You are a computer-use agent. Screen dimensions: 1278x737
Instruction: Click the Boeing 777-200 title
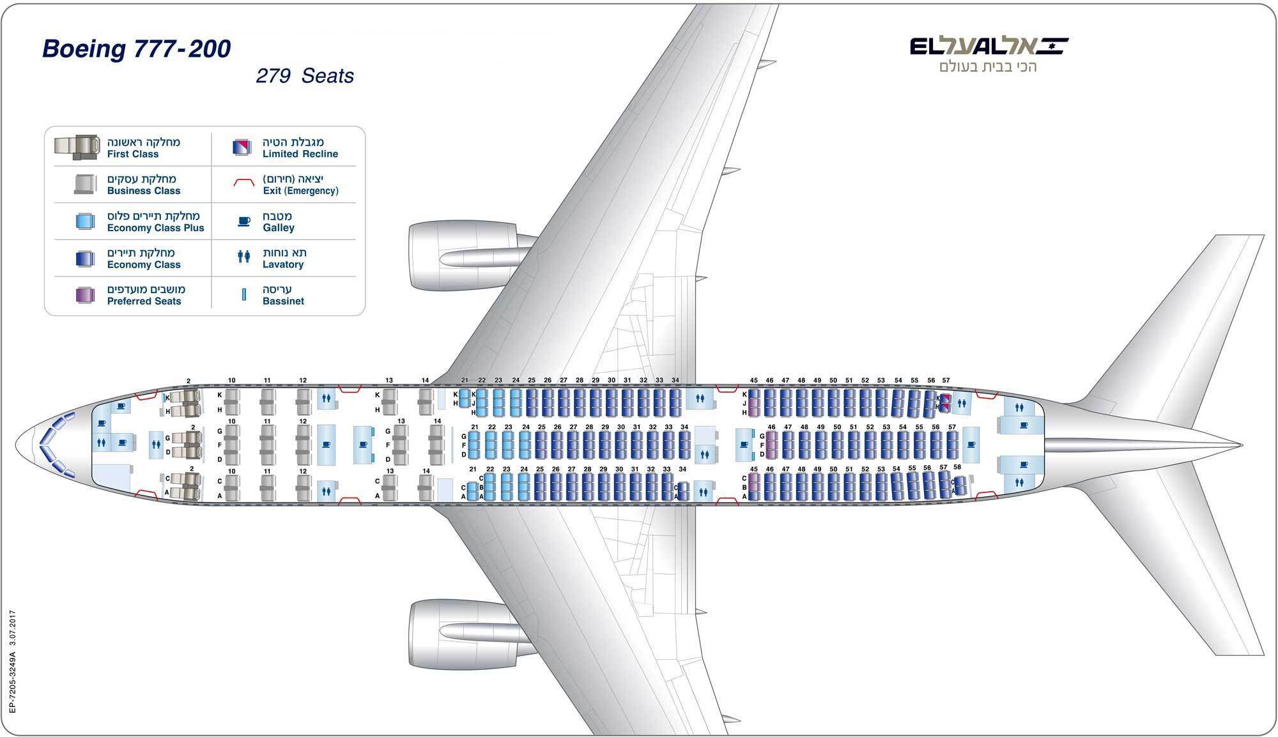click(136, 49)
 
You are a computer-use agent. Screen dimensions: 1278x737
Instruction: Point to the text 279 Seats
click(305, 76)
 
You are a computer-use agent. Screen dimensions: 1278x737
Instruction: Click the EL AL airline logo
click(989, 46)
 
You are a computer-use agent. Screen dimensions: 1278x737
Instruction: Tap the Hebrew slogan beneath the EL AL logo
click(987, 67)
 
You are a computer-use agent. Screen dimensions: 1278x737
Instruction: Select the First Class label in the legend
click(133, 154)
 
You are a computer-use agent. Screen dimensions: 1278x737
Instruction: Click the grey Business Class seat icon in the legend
click(85, 184)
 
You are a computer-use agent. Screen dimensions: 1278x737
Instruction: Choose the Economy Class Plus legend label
click(155, 228)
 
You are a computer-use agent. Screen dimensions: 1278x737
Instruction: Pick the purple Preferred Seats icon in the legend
click(85, 295)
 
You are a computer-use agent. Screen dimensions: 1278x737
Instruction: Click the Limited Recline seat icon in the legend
click(242, 148)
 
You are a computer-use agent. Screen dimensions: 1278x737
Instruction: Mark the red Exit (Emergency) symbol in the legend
click(243, 183)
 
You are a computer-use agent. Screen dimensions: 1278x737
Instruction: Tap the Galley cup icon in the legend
click(243, 222)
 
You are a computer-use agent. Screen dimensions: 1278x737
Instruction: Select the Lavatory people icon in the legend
click(243, 257)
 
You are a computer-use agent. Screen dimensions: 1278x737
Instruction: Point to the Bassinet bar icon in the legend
click(243, 294)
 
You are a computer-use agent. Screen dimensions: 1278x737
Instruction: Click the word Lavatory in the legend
click(283, 264)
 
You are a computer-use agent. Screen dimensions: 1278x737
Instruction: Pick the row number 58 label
click(957, 467)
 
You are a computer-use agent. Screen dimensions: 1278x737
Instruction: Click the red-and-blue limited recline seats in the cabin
click(944, 402)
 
